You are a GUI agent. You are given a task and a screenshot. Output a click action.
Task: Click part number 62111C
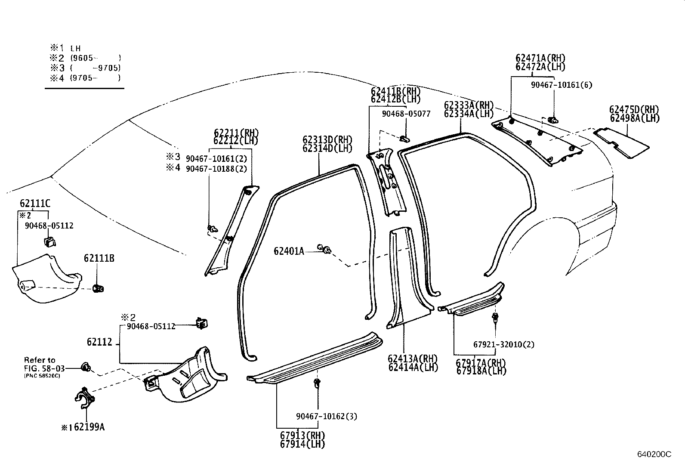[x=34, y=204]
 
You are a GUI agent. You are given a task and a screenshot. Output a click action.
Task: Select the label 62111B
[x=99, y=258]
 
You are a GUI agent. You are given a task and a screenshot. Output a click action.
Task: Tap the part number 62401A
[x=289, y=251]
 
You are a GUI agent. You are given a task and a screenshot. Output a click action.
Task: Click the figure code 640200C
[x=654, y=454]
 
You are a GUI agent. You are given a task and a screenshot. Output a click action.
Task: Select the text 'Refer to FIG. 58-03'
[x=41, y=364]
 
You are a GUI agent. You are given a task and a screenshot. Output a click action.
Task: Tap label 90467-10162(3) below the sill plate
[x=327, y=416]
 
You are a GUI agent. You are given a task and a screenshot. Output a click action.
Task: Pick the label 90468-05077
[x=406, y=114]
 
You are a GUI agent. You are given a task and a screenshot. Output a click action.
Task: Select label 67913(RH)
[x=302, y=435]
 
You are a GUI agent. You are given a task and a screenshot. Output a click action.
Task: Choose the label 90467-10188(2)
[x=216, y=169]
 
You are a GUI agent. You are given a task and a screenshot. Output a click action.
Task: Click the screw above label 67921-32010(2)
[x=495, y=318]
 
